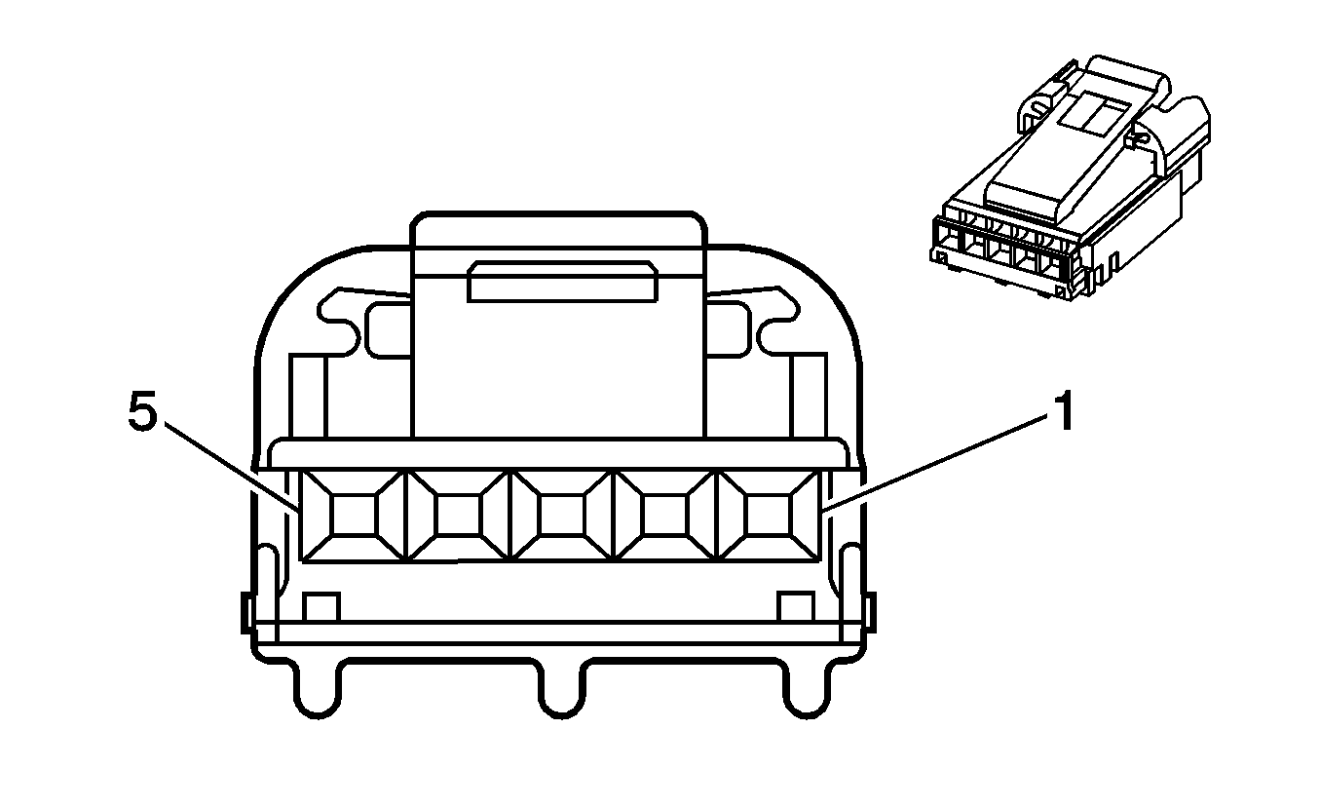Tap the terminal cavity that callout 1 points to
pyautogui.click(x=768, y=516)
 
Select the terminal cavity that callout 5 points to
pyautogui.click(x=354, y=516)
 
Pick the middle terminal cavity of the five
pyautogui.click(x=561, y=516)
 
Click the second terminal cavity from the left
pyautogui.click(x=458, y=516)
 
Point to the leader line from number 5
pyautogui.click(x=231, y=466)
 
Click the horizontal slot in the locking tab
pyautogui.click(x=563, y=282)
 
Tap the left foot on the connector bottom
pyautogui.click(x=319, y=689)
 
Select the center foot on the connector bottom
pyautogui.click(x=563, y=689)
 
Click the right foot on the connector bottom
pyautogui.click(x=807, y=689)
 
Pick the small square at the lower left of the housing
pyautogui.click(x=321, y=607)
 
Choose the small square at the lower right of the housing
pyautogui.click(x=796, y=607)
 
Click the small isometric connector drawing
pyautogui.click(x=1070, y=176)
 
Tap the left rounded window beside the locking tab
pyautogui.click(x=389, y=328)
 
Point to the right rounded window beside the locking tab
pyautogui.click(x=729, y=328)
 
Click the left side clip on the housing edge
pyautogui.click(x=246, y=613)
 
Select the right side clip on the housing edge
pyautogui.click(x=872, y=613)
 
